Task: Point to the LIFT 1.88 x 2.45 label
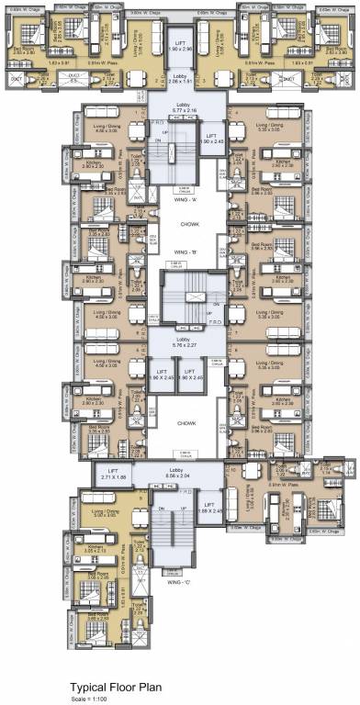(x=210, y=511)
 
